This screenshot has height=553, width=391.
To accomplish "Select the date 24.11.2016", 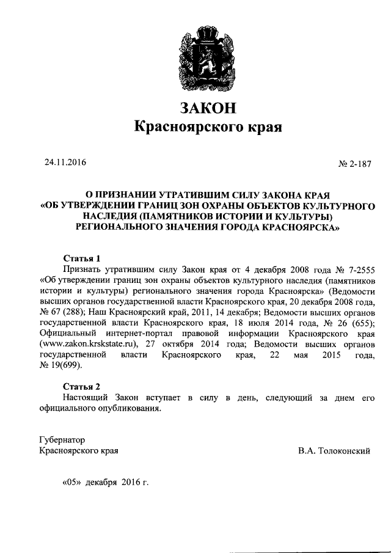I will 65,163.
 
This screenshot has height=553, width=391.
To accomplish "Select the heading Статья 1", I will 81,258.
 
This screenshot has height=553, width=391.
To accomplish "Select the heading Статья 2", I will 81,386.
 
